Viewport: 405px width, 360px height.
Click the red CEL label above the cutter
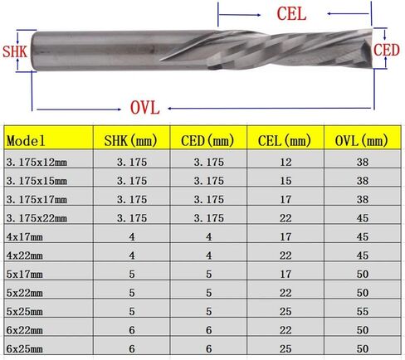point(291,14)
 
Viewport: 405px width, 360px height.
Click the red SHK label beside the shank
point(15,51)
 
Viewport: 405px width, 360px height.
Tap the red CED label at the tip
point(387,50)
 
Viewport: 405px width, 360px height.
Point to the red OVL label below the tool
point(145,108)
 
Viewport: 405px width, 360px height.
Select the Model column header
point(26,141)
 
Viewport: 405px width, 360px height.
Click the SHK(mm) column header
point(130,141)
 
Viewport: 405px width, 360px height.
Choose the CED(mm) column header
point(207,141)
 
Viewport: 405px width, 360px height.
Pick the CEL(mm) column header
point(285,141)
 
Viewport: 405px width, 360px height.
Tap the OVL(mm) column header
point(361,141)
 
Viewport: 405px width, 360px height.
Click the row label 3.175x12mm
point(37,162)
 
